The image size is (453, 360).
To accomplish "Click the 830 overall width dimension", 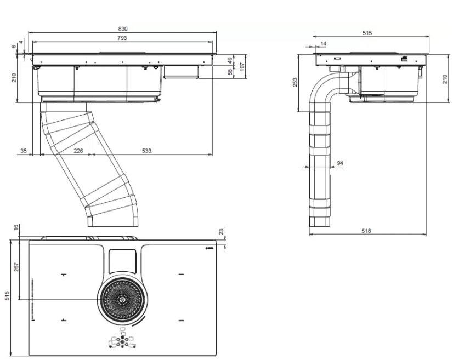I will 123,29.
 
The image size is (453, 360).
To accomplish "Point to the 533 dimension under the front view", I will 146,150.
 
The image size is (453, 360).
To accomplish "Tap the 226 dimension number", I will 78,150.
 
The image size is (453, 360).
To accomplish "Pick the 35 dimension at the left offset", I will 24,150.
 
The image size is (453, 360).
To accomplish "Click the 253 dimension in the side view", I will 295,82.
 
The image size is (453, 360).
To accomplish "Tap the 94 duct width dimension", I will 340,163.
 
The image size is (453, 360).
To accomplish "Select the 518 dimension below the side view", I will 366,231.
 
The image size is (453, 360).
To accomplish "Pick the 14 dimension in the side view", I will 322,43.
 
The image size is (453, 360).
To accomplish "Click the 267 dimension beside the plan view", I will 16,267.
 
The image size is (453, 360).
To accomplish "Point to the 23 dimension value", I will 222,232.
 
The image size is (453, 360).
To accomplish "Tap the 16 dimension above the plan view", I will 16,227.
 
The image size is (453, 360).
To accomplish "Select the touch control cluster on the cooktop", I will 122,342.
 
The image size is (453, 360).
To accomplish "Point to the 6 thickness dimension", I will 15,47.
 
